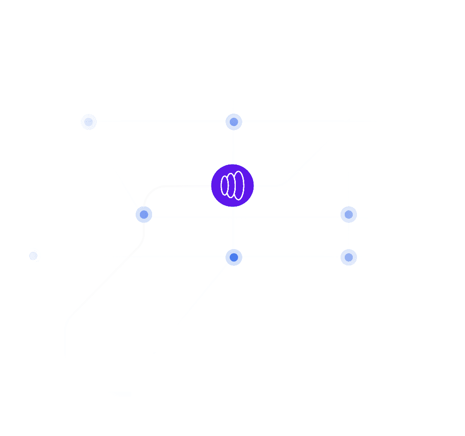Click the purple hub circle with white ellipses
click(232, 186)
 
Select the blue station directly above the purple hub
click(234, 122)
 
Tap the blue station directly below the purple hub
click(233, 257)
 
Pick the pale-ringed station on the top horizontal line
click(88, 122)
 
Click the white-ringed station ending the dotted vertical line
click(33, 256)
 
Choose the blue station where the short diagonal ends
click(144, 214)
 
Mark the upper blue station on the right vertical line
click(349, 214)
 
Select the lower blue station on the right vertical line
click(349, 257)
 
